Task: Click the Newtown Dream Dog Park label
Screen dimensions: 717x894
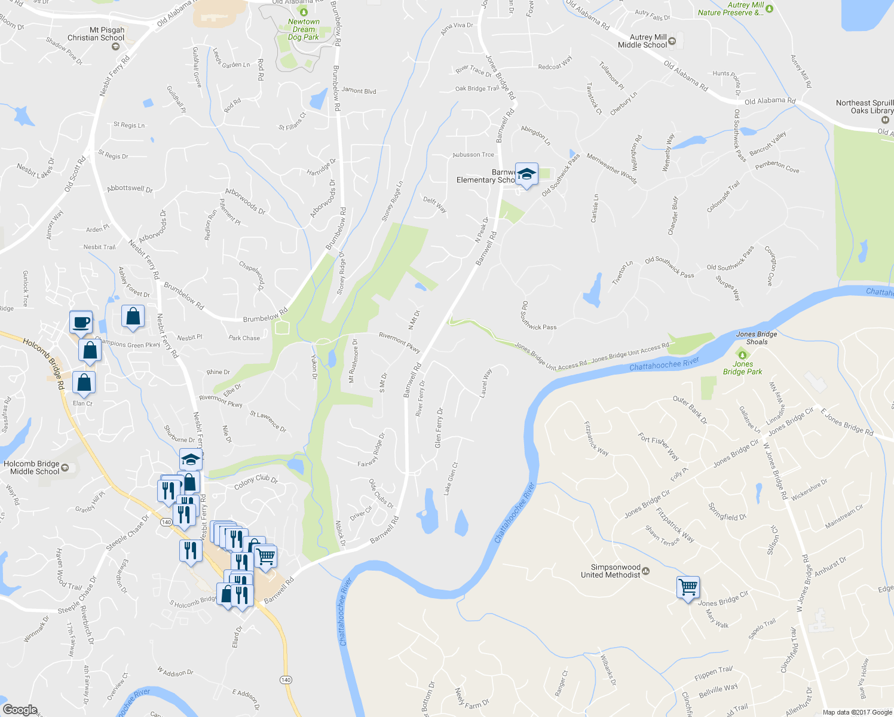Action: pos(304,29)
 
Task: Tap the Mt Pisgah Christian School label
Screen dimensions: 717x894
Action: pos(96,34)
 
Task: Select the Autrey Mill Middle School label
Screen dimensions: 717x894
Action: pos(642,41)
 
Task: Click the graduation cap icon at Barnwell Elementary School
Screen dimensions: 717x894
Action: pos(526,174)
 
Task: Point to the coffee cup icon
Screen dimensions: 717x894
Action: pos(81,321)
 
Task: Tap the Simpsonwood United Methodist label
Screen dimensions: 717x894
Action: pos(610,571)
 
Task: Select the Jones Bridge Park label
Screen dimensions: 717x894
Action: pos(742,367)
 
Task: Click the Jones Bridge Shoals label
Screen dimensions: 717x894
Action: pos(757,338)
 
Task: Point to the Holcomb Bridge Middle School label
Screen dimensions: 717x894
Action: pos(32,467)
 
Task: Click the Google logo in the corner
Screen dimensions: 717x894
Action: pos(20,709)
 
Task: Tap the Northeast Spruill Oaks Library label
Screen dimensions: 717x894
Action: pos(864,107)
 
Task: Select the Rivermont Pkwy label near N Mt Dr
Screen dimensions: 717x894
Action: pos(400,342)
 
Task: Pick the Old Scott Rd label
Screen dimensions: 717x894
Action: pos(75,174)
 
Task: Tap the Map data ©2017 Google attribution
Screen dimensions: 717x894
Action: pos(857,712)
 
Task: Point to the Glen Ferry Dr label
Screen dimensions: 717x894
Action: pos(439,428)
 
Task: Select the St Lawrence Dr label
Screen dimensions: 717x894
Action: pos(268,421)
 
